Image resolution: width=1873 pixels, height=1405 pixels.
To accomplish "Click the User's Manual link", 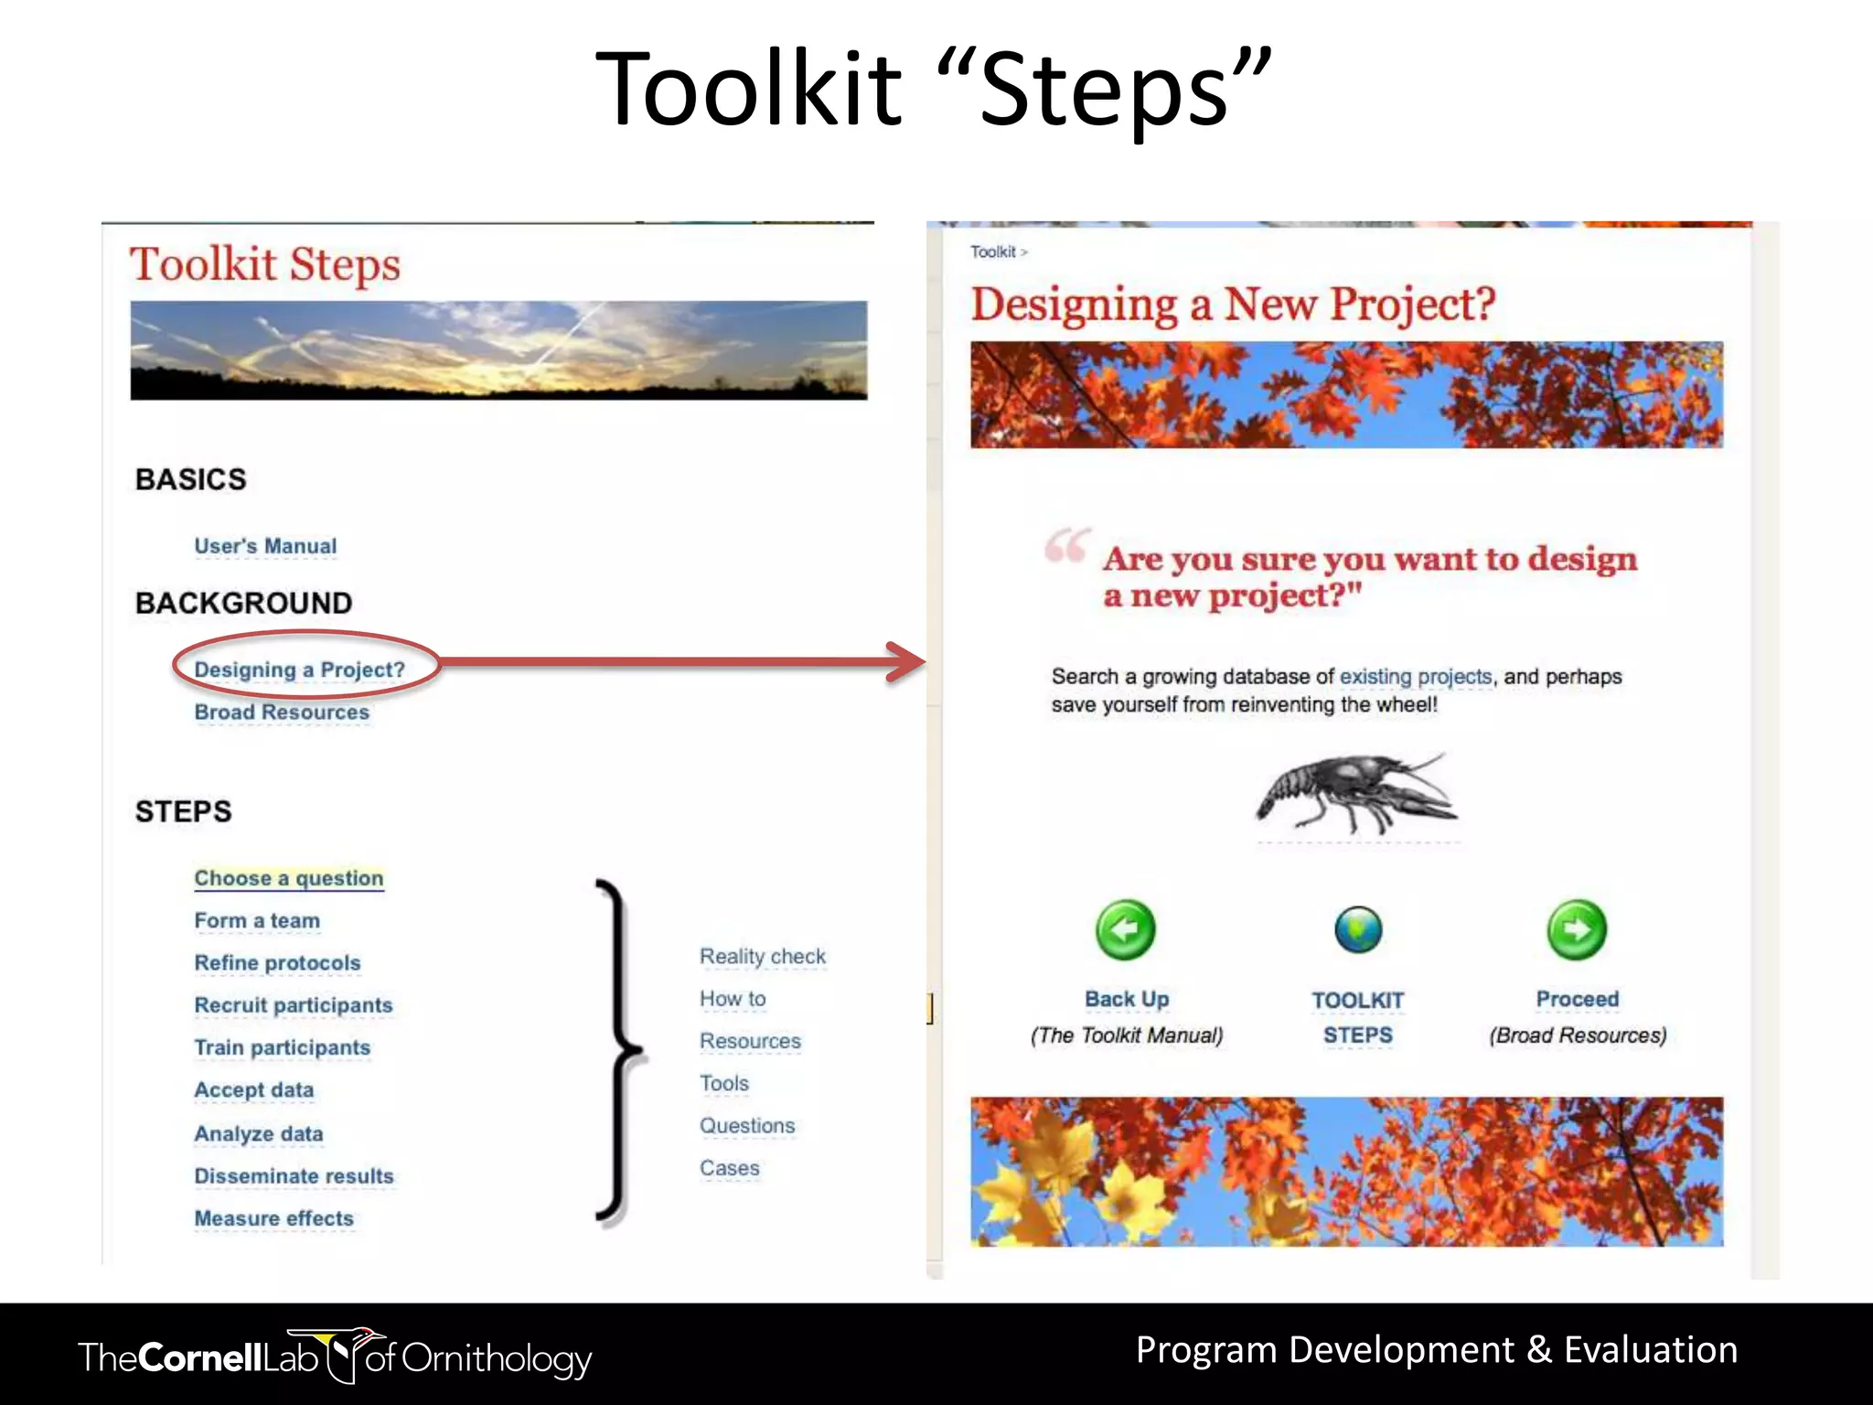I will [265, 546].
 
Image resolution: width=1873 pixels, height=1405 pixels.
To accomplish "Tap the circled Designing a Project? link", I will [299, 670].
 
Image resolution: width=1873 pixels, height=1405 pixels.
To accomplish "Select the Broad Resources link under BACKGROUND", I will [282, 712].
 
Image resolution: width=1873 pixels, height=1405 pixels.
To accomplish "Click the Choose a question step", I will [289, 878].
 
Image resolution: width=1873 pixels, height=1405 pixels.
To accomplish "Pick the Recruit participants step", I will [294, 1005].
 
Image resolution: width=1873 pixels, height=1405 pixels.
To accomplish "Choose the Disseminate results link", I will [294, 1176].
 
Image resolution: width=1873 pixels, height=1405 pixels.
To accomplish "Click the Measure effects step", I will [273, 1218].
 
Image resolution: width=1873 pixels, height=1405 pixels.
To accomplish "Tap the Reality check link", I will [762, 957].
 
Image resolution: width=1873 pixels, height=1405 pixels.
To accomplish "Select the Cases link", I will [729, 1168].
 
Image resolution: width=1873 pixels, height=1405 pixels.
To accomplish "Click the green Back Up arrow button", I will [1126, 930].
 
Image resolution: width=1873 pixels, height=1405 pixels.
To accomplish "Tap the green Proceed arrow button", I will [1577, 930].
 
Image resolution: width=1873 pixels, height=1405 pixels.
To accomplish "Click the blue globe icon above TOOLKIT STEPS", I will [1358, 930].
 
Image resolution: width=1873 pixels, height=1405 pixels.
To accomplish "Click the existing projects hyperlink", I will [1415, 677].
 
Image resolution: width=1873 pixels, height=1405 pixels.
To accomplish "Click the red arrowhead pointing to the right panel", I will [905, 662].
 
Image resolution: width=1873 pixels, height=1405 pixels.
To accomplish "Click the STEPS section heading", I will [184, 811].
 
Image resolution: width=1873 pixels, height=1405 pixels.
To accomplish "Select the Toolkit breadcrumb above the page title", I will [993, 252].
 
